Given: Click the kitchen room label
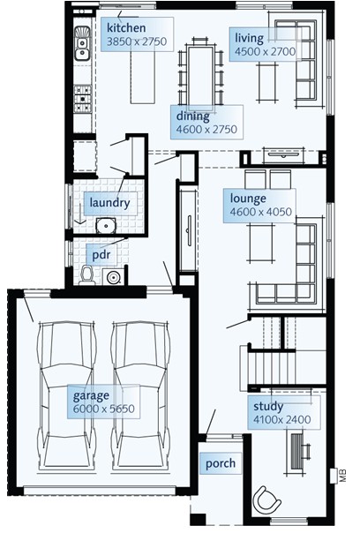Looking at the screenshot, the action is click(126, 28).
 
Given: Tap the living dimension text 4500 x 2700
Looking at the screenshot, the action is click(266, 52).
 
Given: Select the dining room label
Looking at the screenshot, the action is click(192, 116).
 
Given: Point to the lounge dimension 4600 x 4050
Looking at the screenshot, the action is click(261, 212).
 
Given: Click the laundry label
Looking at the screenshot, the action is click(109, 203).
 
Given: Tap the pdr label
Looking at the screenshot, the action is click(101, 254).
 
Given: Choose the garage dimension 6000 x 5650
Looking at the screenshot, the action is click(104, 409).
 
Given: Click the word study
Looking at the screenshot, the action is click(268, 407).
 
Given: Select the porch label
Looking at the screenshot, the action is click(221, 463).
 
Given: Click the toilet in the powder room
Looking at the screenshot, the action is click(87, 275).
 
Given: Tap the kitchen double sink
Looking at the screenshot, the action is click(82, 44).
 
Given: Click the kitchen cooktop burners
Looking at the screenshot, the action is click(83, 99).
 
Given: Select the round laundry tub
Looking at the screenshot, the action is click(106, 225).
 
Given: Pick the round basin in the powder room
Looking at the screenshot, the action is click(113, 277).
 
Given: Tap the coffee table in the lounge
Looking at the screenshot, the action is click(261, 243).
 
